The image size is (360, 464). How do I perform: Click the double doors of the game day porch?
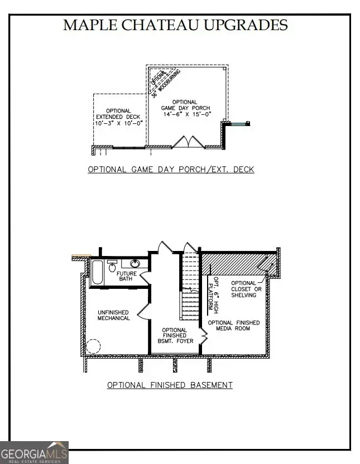tap(184, 142)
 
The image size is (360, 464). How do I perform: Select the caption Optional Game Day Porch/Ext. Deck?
tap(171, 170)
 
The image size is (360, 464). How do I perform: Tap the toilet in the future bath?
tap(112, 263)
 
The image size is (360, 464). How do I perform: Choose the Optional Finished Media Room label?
tap(234, 326)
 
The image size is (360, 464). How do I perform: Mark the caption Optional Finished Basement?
tap(170, 385)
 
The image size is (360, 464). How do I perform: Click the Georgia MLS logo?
tap(34, 452)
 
